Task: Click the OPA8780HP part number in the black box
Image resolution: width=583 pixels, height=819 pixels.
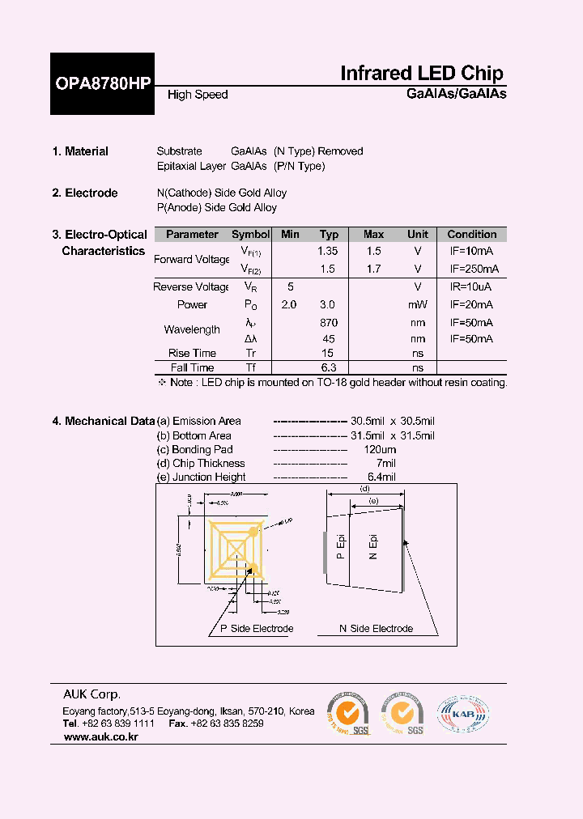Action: (x=102, y=83)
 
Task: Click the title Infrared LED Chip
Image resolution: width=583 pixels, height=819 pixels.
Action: (x=421, y=73)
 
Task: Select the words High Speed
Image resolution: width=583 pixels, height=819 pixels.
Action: (x=198, y=95)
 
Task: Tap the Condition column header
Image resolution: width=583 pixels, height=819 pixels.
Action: (x=472, y=235)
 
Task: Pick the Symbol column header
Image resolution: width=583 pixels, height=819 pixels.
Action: (x=251, y=235)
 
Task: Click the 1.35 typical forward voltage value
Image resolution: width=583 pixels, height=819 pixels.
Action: (x=328, y=252)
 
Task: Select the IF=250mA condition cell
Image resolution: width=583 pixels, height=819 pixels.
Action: (x=474, y=269)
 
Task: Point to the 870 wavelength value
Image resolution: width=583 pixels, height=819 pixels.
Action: (x=328, y=322)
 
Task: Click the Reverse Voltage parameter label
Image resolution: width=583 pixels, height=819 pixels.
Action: (x=192, y=287)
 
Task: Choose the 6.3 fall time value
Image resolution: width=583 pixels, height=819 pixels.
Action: (x=328, y=367)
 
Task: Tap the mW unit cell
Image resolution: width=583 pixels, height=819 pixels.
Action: (x=418, y=305)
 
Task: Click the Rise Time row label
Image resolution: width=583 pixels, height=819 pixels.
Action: (x=192, y=353)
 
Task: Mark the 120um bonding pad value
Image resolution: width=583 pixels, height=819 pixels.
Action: (x=380, y=449)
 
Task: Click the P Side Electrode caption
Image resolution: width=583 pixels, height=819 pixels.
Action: (x=257, y=629)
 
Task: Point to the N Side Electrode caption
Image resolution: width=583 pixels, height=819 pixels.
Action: (x=376, y=629)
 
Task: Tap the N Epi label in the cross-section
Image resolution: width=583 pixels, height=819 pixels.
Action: (x=373, y=546)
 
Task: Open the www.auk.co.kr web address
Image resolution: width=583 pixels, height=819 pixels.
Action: (x=100, y=738)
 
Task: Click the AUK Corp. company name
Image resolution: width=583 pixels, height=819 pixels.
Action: (x=92, y=694)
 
